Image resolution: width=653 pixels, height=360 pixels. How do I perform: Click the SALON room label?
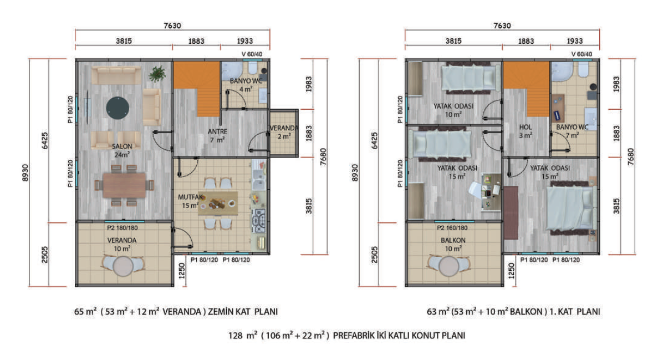[x=122, y=146]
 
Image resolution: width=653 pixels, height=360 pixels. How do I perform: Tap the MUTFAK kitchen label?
[x=190, y=197]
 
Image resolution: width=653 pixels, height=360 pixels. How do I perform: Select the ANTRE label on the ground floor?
[x=217, y=131]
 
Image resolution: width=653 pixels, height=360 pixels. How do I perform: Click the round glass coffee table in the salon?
[x=118, y=108]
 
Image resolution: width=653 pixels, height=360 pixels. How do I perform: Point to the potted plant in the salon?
[x=157, y=74]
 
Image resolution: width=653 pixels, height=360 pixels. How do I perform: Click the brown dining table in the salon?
[x=124, y=185]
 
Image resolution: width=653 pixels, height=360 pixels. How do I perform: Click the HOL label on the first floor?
[x=526, y=127]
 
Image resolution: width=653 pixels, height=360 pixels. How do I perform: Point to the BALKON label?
[x=453, y=240]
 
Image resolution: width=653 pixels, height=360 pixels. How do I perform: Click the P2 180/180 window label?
[x=122, y=228]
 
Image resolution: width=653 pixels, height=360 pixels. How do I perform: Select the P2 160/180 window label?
[x=452, y=228]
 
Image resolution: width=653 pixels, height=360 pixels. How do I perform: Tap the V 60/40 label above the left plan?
[x=252, y=54]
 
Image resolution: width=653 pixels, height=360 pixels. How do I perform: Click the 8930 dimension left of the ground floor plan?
[x=25, y=173]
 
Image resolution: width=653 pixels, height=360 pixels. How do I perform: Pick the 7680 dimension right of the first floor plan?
[x=630, y=156]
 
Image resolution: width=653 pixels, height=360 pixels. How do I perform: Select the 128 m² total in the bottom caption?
[x=243, y=336]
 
